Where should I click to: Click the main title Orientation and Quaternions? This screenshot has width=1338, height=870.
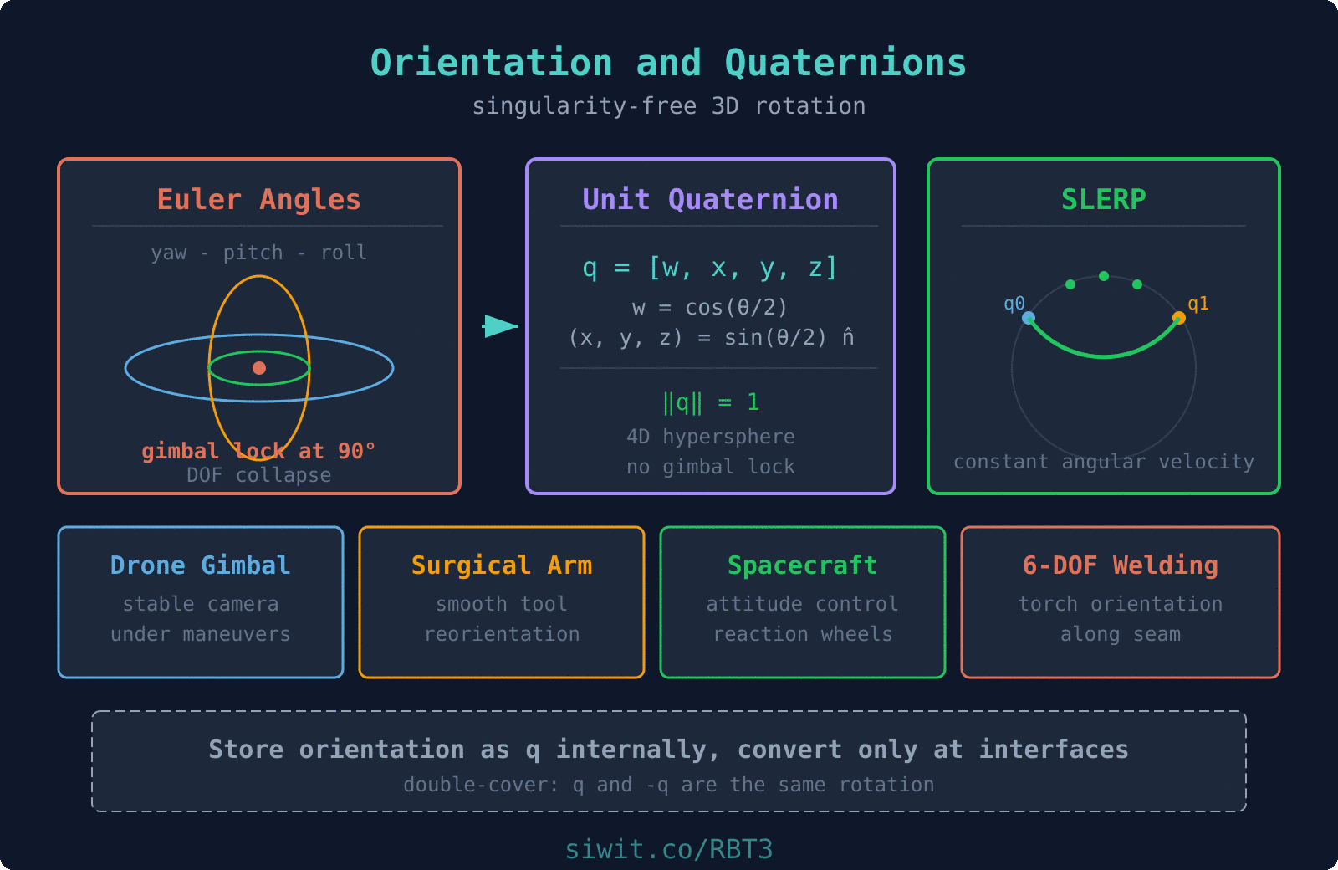click(x=668, y=64)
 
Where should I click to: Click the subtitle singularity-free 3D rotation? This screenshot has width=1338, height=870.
click(x=668, y=106)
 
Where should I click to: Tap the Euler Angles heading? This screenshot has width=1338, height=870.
click(x=258, y=199)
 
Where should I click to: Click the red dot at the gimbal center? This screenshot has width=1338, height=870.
click(x=259, y=368)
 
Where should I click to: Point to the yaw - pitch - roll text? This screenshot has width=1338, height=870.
click(x=258, y=253)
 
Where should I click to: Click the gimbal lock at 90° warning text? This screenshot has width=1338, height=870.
click(x=258, y=451)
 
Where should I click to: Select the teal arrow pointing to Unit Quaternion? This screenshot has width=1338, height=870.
click(x=500, y=326)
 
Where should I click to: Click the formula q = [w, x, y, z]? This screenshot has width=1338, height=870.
click(x=709, y=268)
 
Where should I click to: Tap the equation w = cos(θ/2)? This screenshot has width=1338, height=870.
click(x=709, y=307)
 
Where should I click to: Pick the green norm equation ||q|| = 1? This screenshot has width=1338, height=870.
click(x=711, y=402)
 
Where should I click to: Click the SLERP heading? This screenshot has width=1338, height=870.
click(x=1103, y=199)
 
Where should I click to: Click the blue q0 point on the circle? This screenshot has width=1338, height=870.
click(x=1029, y=318)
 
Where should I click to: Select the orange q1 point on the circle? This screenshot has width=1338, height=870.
click(x=1179, y=318)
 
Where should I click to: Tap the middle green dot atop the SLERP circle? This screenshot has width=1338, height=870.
click(x=1104, y=276)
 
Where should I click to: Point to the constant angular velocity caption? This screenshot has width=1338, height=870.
click(x=1103, y=462)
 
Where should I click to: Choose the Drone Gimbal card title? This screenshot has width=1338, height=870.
click(x=200, y=565)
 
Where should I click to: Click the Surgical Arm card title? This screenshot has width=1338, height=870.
click(x=501, y=565)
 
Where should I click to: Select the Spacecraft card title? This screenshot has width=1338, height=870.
click(x=802, y=565)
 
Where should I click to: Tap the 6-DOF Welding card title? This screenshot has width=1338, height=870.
click(x=1120, y=565)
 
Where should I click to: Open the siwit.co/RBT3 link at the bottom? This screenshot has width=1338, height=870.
click(x=668, y=849)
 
